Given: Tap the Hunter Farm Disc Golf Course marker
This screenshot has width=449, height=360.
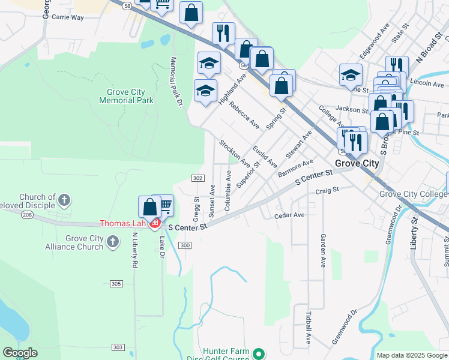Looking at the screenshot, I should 259,355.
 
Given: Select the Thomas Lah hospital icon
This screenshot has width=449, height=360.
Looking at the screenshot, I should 155,224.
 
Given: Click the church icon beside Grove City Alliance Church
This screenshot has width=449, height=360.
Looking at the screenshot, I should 112,242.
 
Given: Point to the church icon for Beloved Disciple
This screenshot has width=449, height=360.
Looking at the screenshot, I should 65,200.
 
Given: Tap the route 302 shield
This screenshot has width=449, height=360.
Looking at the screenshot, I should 199,178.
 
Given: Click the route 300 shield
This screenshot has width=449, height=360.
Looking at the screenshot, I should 185,245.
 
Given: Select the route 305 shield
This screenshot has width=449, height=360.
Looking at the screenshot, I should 116,283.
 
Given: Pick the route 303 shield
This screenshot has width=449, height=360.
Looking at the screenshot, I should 118,347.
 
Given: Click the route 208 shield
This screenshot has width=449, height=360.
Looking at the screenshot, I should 26,214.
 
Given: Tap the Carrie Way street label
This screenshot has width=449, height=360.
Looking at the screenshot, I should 68,17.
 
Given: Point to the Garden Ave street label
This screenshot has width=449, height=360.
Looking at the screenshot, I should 323,250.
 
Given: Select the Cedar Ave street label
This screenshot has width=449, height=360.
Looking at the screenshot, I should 289,215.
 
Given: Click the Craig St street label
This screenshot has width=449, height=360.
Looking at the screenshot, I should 327,190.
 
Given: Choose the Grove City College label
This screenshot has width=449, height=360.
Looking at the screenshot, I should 412,194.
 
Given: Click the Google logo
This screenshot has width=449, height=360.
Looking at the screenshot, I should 20,353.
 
